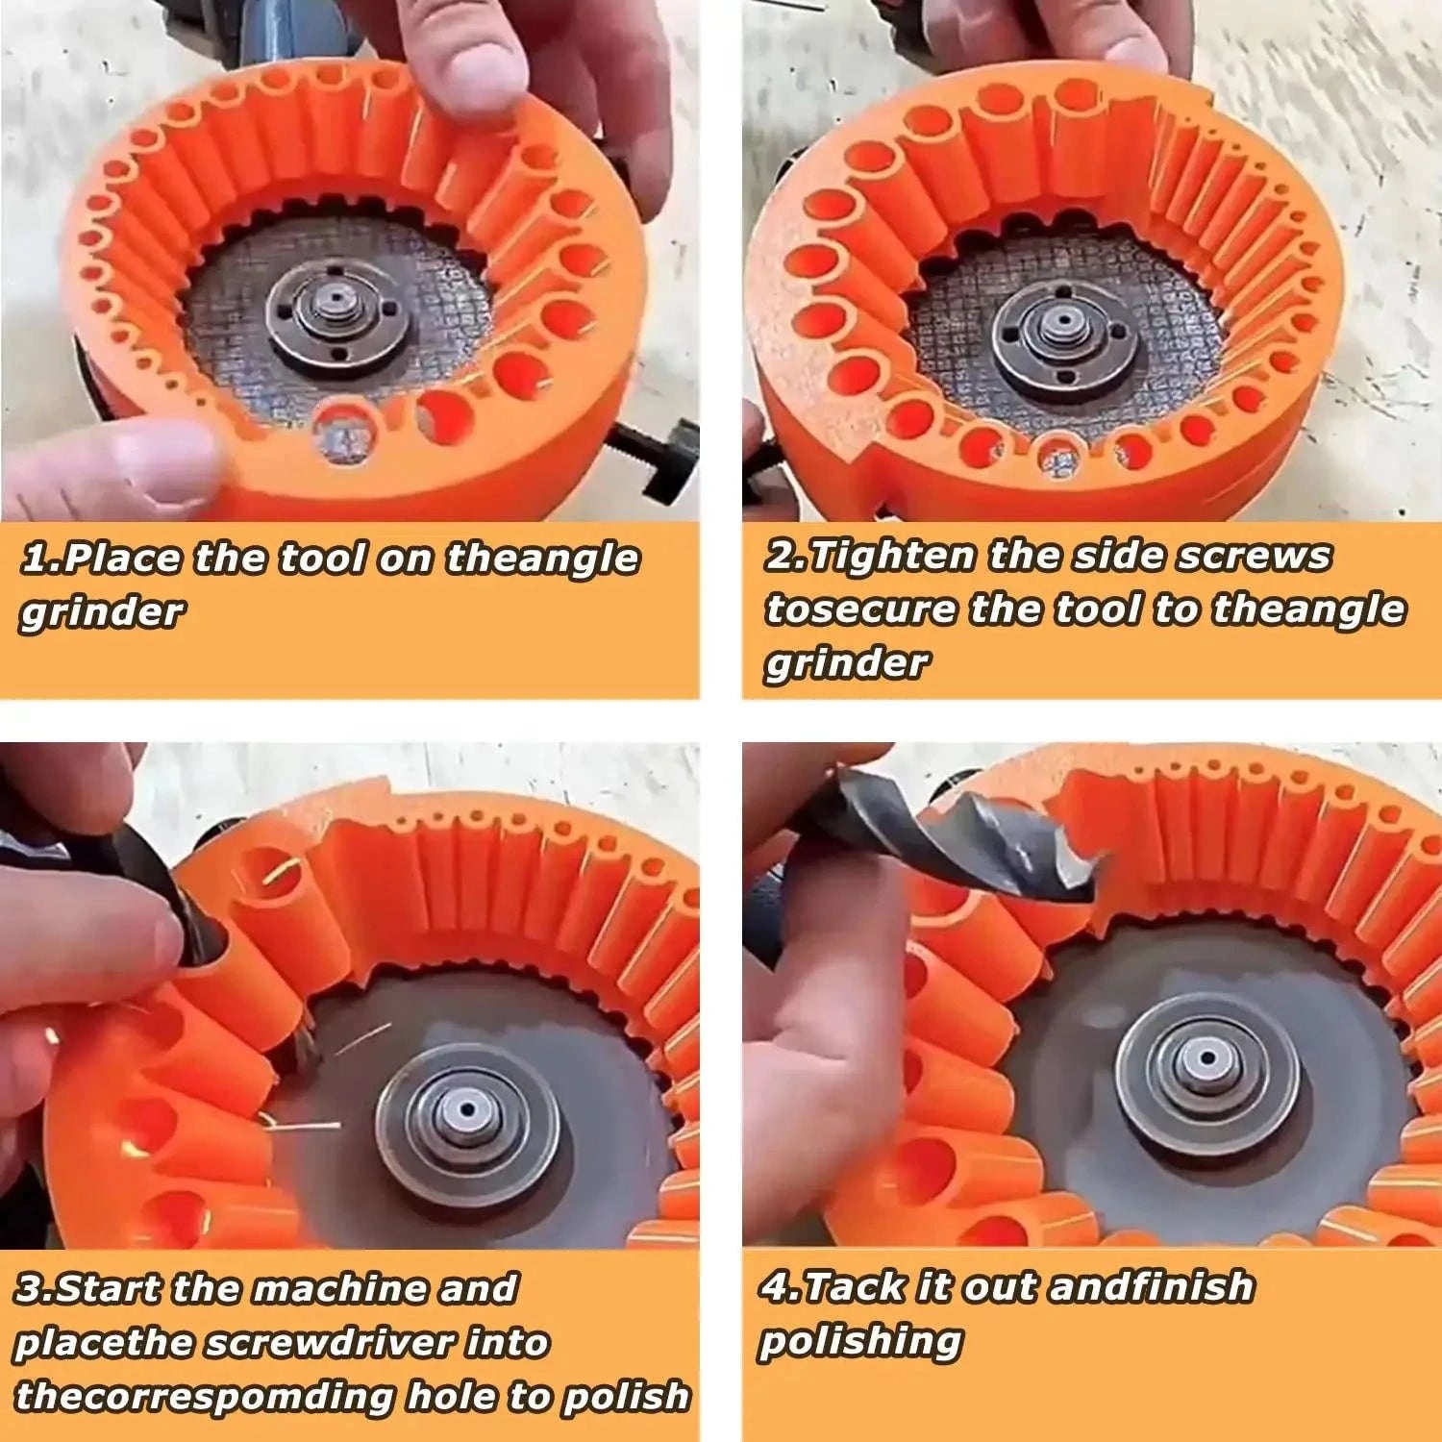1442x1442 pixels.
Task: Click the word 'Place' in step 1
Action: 125,559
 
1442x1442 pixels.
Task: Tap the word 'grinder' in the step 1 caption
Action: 102,612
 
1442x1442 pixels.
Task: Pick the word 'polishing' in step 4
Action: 860,1341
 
